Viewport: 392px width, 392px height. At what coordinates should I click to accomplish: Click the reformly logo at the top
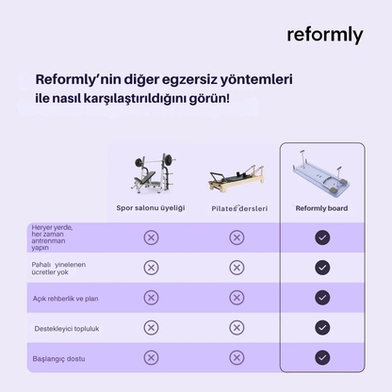tap(325, 35)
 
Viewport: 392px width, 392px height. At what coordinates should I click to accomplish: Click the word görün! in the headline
tap(209, 99)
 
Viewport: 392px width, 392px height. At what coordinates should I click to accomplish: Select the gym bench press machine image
tap(154, 172)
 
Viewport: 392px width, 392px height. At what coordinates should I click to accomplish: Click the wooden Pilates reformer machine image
tap(237, 178)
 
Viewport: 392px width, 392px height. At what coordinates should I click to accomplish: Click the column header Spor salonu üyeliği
tap(151, 208)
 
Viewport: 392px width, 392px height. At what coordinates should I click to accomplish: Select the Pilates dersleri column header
tap(239, 208)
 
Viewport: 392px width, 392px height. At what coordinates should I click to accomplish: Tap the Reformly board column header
tap(321, 208)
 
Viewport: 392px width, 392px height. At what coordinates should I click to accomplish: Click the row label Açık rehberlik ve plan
tap(65, 299)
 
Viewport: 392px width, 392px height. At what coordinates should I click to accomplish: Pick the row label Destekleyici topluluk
tap(67, 329)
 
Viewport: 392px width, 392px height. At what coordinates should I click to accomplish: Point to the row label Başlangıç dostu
tap(58, 359)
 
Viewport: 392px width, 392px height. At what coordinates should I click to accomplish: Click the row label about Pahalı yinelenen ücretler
tap(58, 269)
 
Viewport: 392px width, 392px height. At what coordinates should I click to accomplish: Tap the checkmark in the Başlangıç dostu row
tap(322, 357)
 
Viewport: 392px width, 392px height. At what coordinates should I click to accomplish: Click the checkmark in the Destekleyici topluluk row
tap(322, 328)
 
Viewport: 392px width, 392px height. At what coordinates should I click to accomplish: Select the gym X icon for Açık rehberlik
tap(151, 298)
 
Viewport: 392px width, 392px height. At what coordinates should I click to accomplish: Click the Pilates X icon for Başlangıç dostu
tap(237, 357)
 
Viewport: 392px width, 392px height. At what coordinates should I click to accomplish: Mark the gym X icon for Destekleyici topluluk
tap(151, 328)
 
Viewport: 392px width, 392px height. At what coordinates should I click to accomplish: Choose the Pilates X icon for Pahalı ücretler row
tap(237, 268)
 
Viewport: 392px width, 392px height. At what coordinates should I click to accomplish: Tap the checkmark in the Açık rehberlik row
tap(322, 298)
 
